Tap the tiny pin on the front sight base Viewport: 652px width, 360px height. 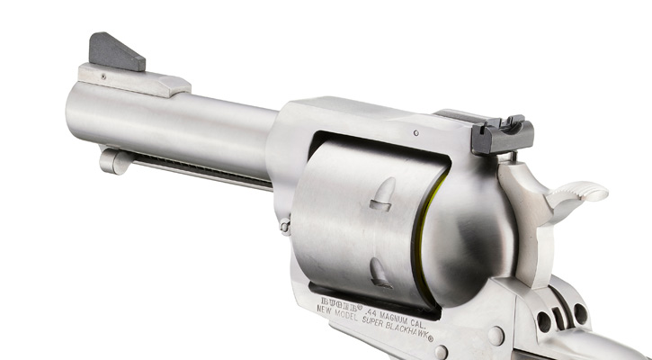(x=103, y=76)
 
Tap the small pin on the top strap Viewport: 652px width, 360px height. (x=415, y=133)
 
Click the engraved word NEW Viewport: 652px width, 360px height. (x=327, y=307)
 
